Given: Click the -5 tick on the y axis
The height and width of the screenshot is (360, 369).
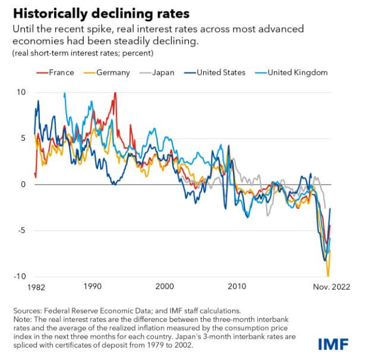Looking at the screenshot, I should click(x=23, y=231).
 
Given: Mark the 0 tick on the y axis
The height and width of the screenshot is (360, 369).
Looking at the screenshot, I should click(x=24, y=185).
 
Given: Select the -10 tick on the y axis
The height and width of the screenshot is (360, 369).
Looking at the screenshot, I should click(x=21, y=277).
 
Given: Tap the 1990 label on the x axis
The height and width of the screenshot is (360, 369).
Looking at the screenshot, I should click(x=93, y=286).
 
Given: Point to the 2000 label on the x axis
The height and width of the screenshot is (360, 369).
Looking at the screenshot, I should click(x=165, y=286).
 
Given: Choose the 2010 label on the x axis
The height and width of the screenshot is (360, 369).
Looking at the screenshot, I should click(x=236, y=286).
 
